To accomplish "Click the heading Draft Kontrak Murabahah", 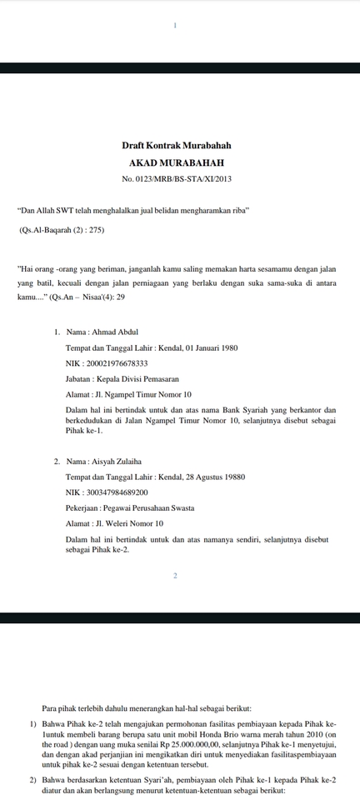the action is point(176,145).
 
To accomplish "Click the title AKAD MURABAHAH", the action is point(176,162).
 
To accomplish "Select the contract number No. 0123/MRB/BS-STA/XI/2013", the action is point(176,179).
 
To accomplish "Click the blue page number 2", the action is point(176,576).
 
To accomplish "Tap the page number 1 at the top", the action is point(176,27).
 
